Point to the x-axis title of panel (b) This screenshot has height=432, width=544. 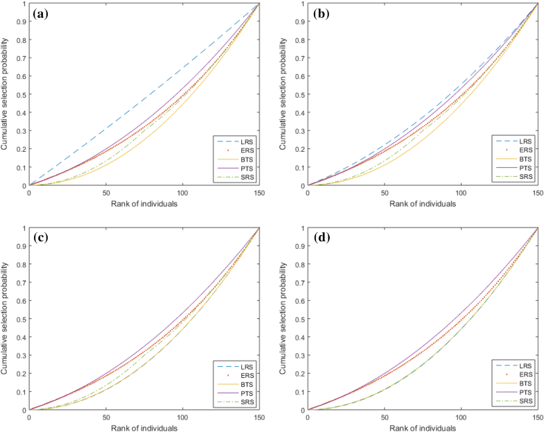coord(421,204)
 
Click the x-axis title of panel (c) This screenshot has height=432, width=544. coord(143,428)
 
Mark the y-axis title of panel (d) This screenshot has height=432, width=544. coord(285,319)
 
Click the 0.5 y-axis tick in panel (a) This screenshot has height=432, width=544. coord(21,95)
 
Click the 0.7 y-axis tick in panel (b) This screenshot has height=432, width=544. coord(299,58)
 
